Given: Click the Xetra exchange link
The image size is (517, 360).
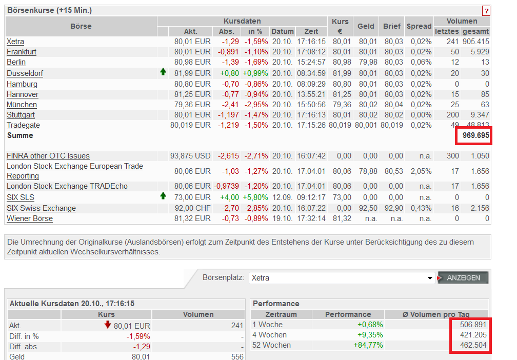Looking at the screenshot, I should [15, 42].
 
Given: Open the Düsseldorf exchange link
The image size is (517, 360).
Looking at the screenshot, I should [25, 73].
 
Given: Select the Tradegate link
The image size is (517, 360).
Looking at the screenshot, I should [23, 125].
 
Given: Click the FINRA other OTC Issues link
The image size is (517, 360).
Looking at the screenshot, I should [48, 156].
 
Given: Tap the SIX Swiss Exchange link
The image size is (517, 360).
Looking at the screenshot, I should [41, 208].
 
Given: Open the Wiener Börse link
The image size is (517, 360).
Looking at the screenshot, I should [30, 218].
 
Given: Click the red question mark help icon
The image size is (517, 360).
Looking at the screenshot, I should [486, 11].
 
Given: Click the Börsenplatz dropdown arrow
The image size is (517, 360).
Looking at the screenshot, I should [430, 278].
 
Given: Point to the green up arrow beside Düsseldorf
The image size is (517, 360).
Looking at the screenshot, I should [163, 72].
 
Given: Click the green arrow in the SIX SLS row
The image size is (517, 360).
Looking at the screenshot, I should [163, 196].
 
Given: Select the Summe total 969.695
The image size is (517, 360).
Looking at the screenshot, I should [474, 135].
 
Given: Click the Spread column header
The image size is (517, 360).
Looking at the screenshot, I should [419, 26].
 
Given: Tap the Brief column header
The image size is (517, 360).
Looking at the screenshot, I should [392, 26].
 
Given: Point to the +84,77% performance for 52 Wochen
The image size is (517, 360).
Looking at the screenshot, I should [368, 345].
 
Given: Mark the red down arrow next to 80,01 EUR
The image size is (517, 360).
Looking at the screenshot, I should [108, 324].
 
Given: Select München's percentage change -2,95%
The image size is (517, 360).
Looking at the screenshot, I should [255, 105].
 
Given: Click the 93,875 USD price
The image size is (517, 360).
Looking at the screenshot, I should [190, 156].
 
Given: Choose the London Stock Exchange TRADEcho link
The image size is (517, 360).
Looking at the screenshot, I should [67, 186].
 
